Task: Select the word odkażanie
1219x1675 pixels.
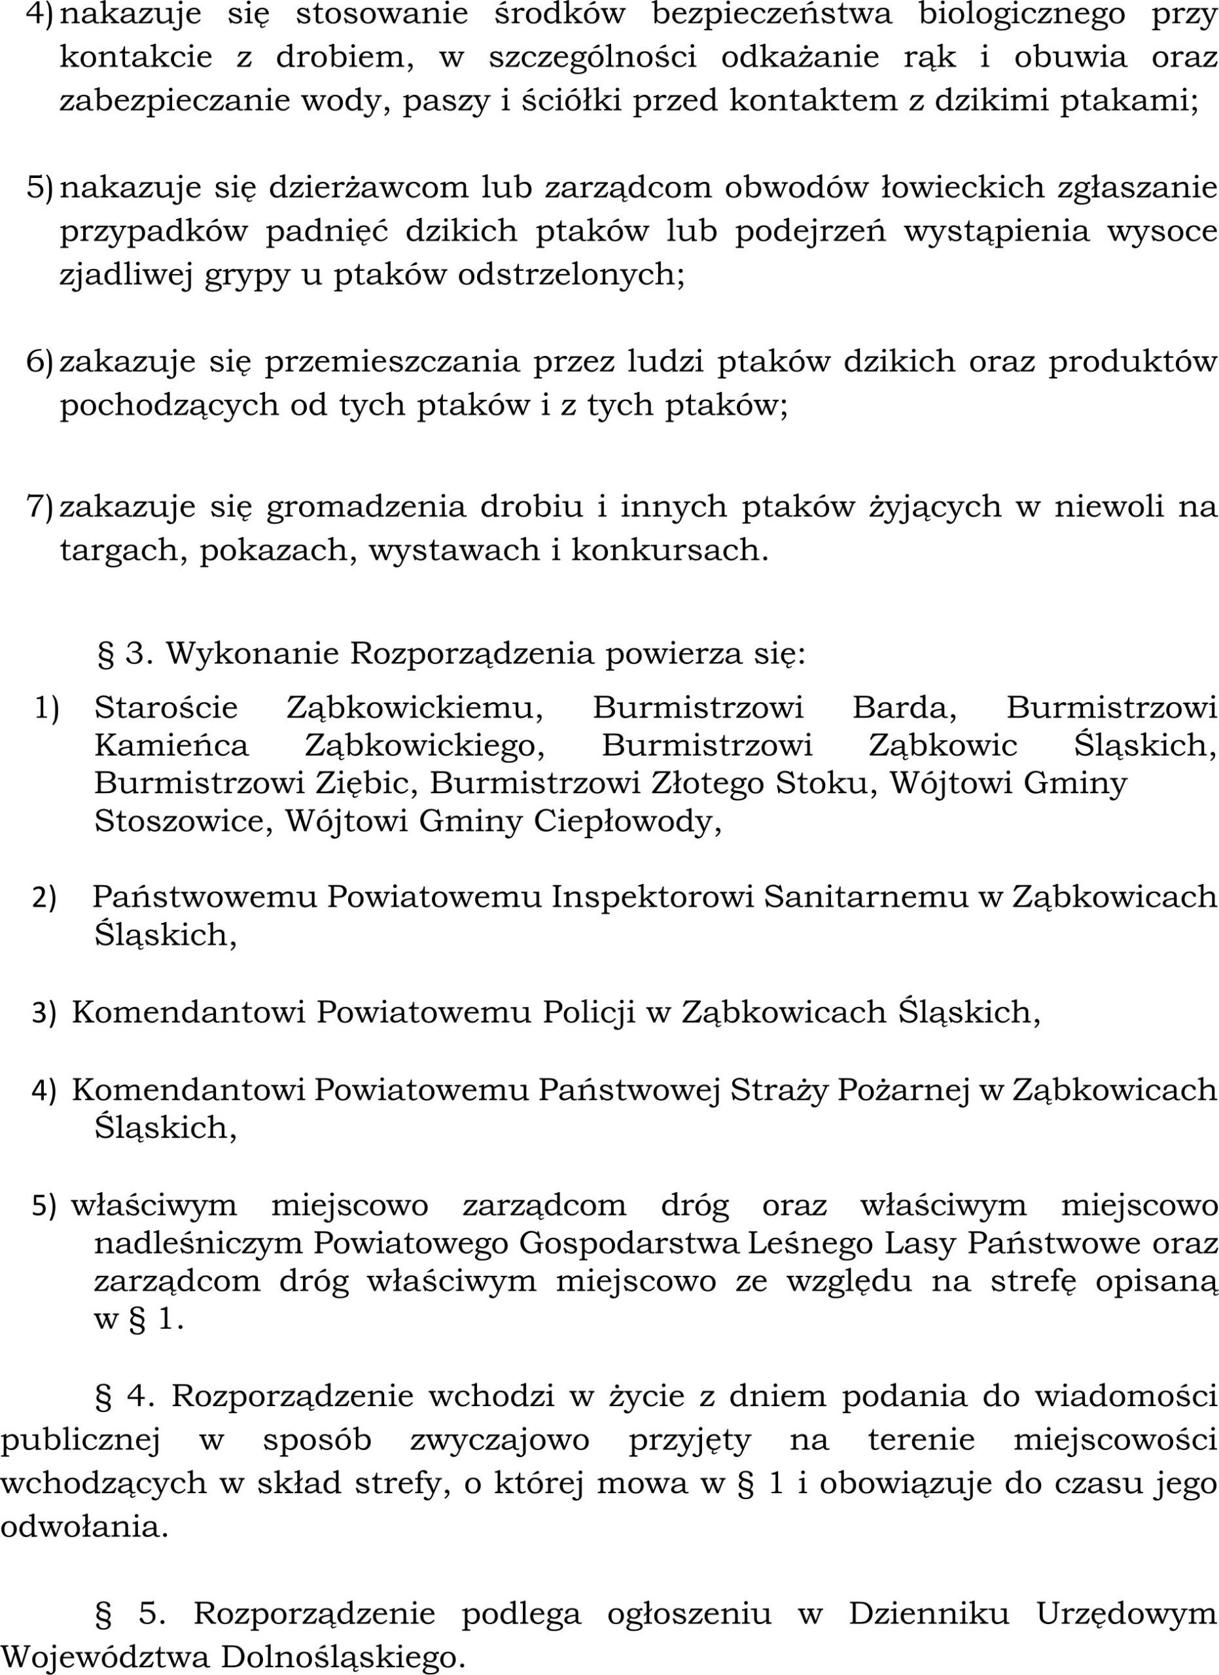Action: [x=800, y=58]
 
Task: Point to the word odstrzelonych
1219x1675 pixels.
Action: [x=571, y=275]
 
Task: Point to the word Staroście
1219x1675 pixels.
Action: [x=166, y=708]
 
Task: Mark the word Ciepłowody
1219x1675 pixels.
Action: [x=627, y=822]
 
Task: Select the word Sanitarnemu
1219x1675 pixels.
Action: [x=865, y=897]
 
